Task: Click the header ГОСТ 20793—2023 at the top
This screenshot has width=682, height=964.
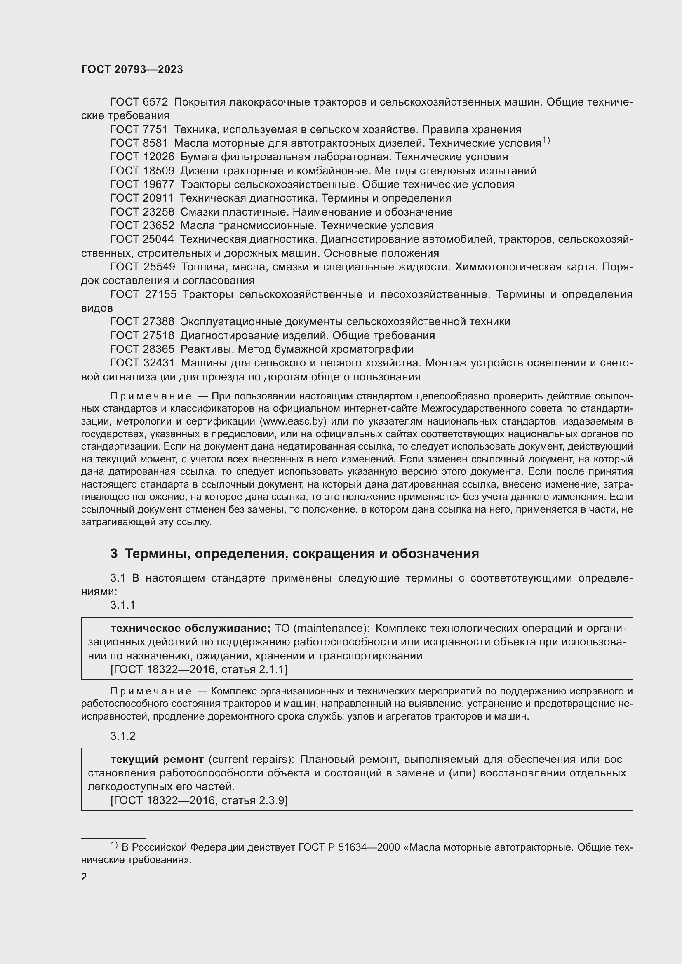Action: [132, 70]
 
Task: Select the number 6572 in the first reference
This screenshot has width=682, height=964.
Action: [155, 102]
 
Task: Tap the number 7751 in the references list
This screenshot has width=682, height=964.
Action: [155, 130]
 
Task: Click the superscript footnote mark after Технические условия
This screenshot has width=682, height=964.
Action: [546, 141]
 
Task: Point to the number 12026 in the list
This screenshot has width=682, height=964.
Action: [158, 157]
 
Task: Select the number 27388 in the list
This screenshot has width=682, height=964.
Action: [158, 322]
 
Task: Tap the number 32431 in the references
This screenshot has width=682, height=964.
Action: [158, 363]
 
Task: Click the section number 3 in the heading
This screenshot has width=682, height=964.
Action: [114, 554]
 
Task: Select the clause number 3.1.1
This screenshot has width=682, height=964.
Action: [122, 605]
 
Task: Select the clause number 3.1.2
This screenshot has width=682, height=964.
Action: [122, 736]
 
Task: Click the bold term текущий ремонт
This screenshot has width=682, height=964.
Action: [157, 760]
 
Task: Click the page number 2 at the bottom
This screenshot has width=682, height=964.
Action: [84, 877]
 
